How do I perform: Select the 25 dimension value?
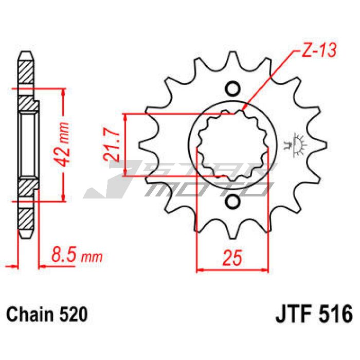pyautogui.click(x=232, y=257)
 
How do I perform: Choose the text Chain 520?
pyautogui.click(x=47, y=314)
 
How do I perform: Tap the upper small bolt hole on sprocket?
pyautogui.click(x=233, y=88)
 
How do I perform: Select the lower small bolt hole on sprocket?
pyautogui.click(x=232, y=202)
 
